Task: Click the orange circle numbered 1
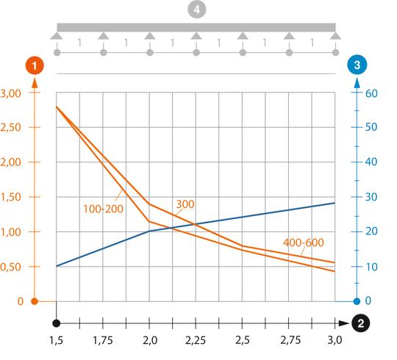[34, 65]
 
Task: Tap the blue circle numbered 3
[357, 65]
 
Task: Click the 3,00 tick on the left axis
[12, 93]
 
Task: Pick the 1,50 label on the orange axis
[12, 197]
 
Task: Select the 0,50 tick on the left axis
[12, 267]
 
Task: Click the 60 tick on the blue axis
[372, 93]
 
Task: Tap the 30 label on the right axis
[372, 197]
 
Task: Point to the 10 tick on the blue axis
[372, 267]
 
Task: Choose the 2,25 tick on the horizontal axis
[196, 341]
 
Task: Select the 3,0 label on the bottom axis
[335, 341]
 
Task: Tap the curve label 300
[185, 203]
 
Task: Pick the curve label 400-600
[303, 242]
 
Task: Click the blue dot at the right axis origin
[357, 301]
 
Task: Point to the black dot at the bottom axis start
[56, 323]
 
